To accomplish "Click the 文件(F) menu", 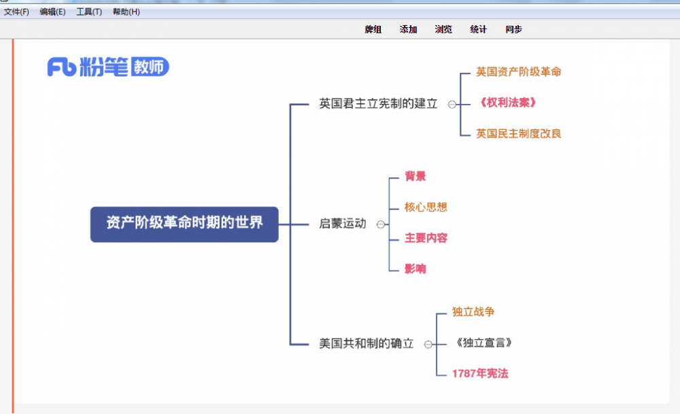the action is coord(16,12).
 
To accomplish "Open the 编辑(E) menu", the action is coord(52,12).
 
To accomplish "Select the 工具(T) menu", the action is coord(89,12).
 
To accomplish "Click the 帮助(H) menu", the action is coord(126,12).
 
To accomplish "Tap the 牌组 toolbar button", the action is coord(373,29).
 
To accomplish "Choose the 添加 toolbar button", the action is coord(408,29).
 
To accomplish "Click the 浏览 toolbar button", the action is coord(443,29).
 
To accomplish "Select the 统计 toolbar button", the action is coord(478,29).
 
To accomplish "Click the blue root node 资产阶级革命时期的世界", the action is coord(184,224).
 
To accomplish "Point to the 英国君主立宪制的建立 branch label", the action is coord(378,103).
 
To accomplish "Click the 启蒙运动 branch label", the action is coord(343,224).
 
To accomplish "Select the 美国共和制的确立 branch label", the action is coord(367,343).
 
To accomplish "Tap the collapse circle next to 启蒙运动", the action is coord(381,224).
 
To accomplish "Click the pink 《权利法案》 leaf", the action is coord(507,103).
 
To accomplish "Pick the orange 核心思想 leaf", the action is coord(426,207).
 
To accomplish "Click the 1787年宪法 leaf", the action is coord(480,373).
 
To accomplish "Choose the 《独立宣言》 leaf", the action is coord(483,343).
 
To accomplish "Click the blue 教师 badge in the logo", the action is coord(150,67).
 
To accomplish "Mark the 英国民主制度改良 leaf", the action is coord(519,133).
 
